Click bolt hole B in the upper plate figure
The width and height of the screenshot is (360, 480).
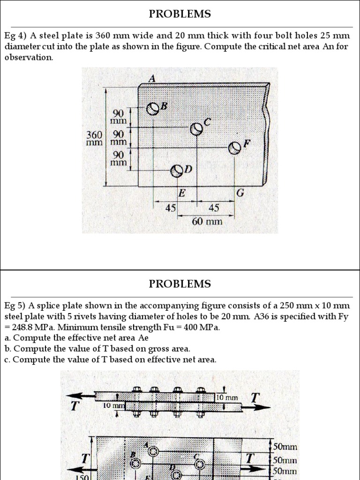[x=153, y=109]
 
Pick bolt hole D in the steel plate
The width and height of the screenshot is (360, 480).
[x=177, y=171]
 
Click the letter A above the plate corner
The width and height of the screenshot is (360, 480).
[x=151, y=79]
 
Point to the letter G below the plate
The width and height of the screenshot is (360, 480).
[x=240, y=193]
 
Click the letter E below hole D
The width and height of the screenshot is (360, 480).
[x=181, y=193]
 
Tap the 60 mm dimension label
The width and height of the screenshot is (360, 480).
[x=207, y=220]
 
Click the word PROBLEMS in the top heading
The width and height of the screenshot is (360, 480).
[x=180, y=14]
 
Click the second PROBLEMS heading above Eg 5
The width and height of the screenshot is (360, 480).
[x=180, y=284]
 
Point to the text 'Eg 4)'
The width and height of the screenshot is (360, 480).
[x=15, y=36]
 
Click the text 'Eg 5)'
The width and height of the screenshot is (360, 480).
[x=15, y=306]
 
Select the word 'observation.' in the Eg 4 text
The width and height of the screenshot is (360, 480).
[x=29, y=58]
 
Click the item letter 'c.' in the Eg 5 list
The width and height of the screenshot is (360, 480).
[x=7, y=360]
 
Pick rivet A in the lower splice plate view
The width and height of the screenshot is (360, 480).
[x=152, y=451]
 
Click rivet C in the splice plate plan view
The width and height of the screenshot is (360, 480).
[x=200, y=464]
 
